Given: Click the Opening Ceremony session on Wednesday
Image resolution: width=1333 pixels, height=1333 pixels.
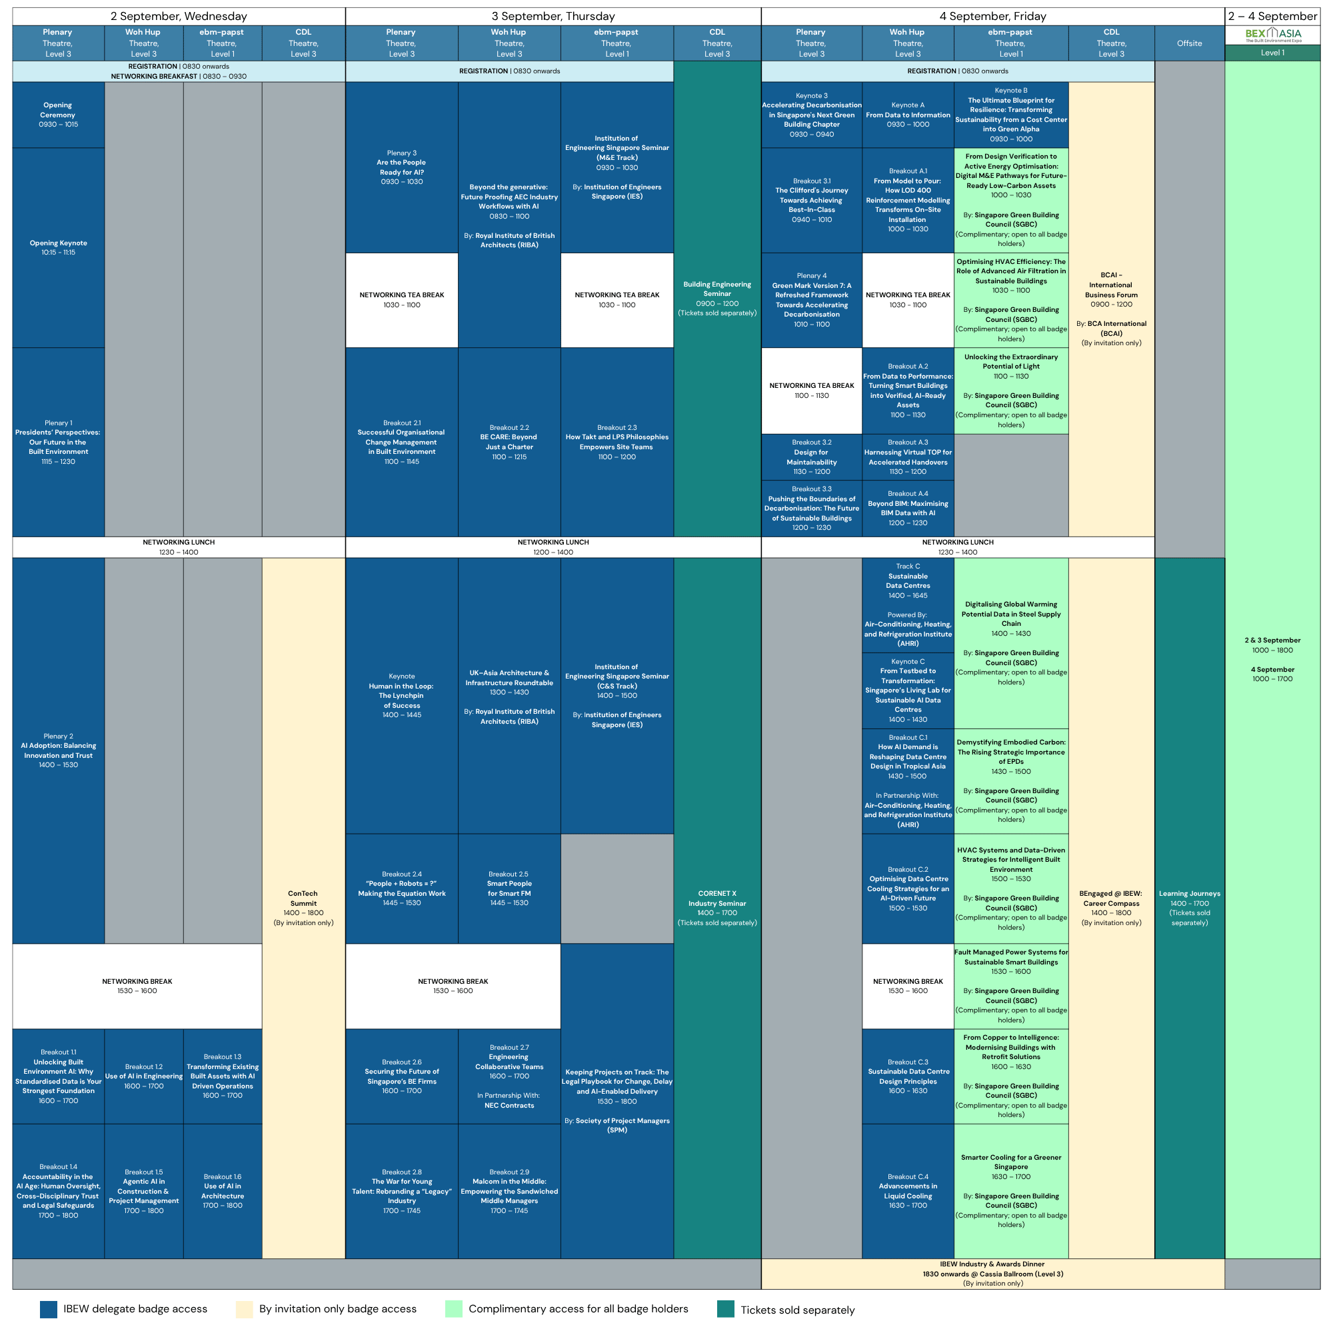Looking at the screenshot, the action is [58, 115].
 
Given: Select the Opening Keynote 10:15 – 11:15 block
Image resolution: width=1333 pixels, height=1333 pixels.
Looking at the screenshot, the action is [58, 248].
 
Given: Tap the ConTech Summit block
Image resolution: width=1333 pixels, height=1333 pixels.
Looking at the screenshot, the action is [303, 908].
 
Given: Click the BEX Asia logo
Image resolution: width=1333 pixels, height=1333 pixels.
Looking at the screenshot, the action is [1273, 35].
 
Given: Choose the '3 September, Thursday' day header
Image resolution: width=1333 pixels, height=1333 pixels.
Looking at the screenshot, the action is [553, 17].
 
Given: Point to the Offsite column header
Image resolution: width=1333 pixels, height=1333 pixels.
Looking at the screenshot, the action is [1190, 43].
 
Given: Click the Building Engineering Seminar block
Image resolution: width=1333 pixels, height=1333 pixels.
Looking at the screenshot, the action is [718, 299].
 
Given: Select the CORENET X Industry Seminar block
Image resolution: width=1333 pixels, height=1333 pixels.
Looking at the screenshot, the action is [718, 908].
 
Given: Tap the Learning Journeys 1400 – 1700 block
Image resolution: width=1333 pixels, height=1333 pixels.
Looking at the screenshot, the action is [1190, 908].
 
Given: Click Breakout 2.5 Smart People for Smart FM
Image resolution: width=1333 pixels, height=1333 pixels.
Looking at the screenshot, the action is [509, 888].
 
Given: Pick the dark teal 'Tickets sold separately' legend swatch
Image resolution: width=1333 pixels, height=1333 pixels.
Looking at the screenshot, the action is [726, 1310].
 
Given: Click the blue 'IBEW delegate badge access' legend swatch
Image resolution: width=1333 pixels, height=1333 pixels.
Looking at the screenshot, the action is [48, 1310].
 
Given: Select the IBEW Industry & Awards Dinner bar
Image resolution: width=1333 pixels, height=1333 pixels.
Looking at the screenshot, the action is [993, 1274].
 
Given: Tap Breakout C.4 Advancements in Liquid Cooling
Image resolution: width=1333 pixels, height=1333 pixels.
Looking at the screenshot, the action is [908, 1191].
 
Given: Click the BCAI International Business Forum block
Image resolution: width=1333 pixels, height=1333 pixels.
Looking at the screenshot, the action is [1112, 309].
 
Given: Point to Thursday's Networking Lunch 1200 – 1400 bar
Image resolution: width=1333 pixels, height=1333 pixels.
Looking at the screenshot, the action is [553, 547].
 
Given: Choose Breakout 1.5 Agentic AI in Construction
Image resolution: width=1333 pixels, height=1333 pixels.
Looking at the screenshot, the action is [143, 1191].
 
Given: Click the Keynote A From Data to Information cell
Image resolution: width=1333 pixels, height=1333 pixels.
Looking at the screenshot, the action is [908, 115].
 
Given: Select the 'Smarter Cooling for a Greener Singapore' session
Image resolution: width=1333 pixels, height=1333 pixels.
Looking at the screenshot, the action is [1012, 1191].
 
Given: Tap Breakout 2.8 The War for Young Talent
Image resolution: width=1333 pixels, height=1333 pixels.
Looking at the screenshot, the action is [401, 1191].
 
